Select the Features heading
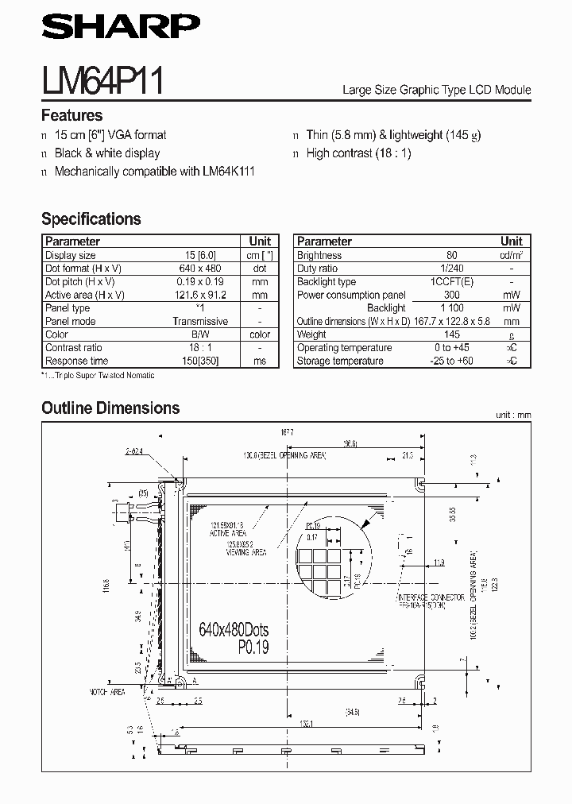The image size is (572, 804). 71,115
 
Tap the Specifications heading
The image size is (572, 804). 91,219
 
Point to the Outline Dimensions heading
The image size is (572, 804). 110,408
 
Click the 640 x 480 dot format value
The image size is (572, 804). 200,269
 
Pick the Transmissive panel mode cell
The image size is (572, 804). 200,321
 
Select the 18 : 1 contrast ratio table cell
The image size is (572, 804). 200,347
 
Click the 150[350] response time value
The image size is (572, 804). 200,361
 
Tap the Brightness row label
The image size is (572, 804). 319,255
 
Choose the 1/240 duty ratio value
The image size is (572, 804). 452,269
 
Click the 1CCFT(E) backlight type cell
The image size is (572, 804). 452,282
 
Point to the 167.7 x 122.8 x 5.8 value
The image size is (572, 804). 452,321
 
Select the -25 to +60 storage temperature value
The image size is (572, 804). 452,361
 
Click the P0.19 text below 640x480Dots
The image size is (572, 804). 253,647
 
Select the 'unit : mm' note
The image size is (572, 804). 512,415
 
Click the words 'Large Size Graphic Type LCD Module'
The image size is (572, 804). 436,91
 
